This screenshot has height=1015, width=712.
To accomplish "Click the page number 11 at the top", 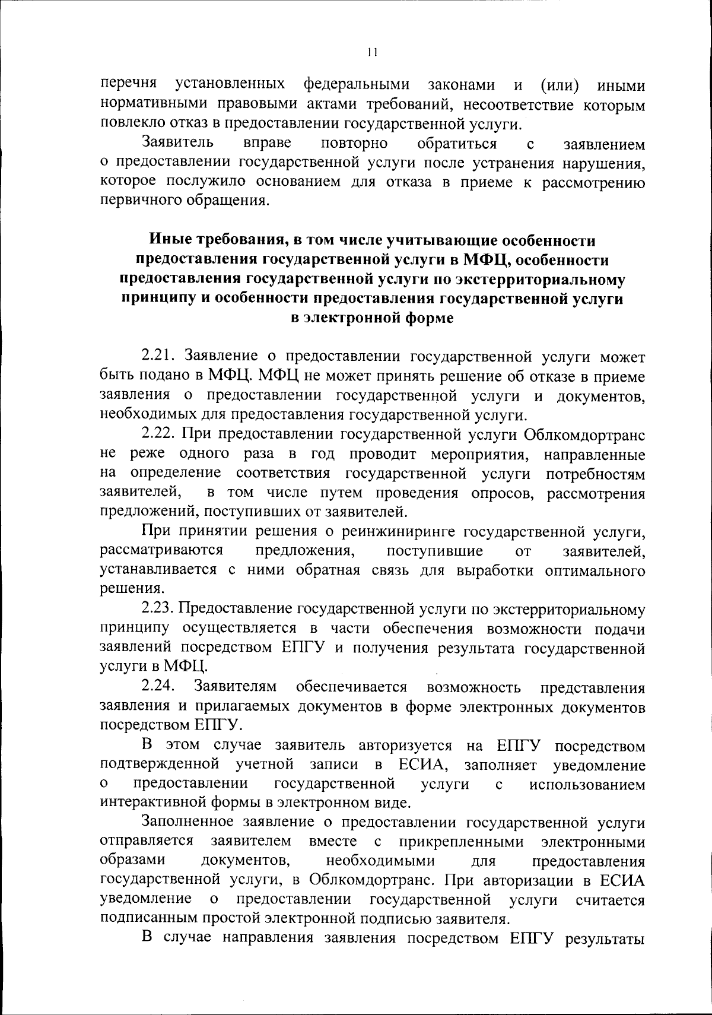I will [x=372, y=52].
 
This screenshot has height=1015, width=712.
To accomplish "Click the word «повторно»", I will [x=354, y=144].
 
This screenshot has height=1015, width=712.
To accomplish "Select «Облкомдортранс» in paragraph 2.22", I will [x=584, y=434].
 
